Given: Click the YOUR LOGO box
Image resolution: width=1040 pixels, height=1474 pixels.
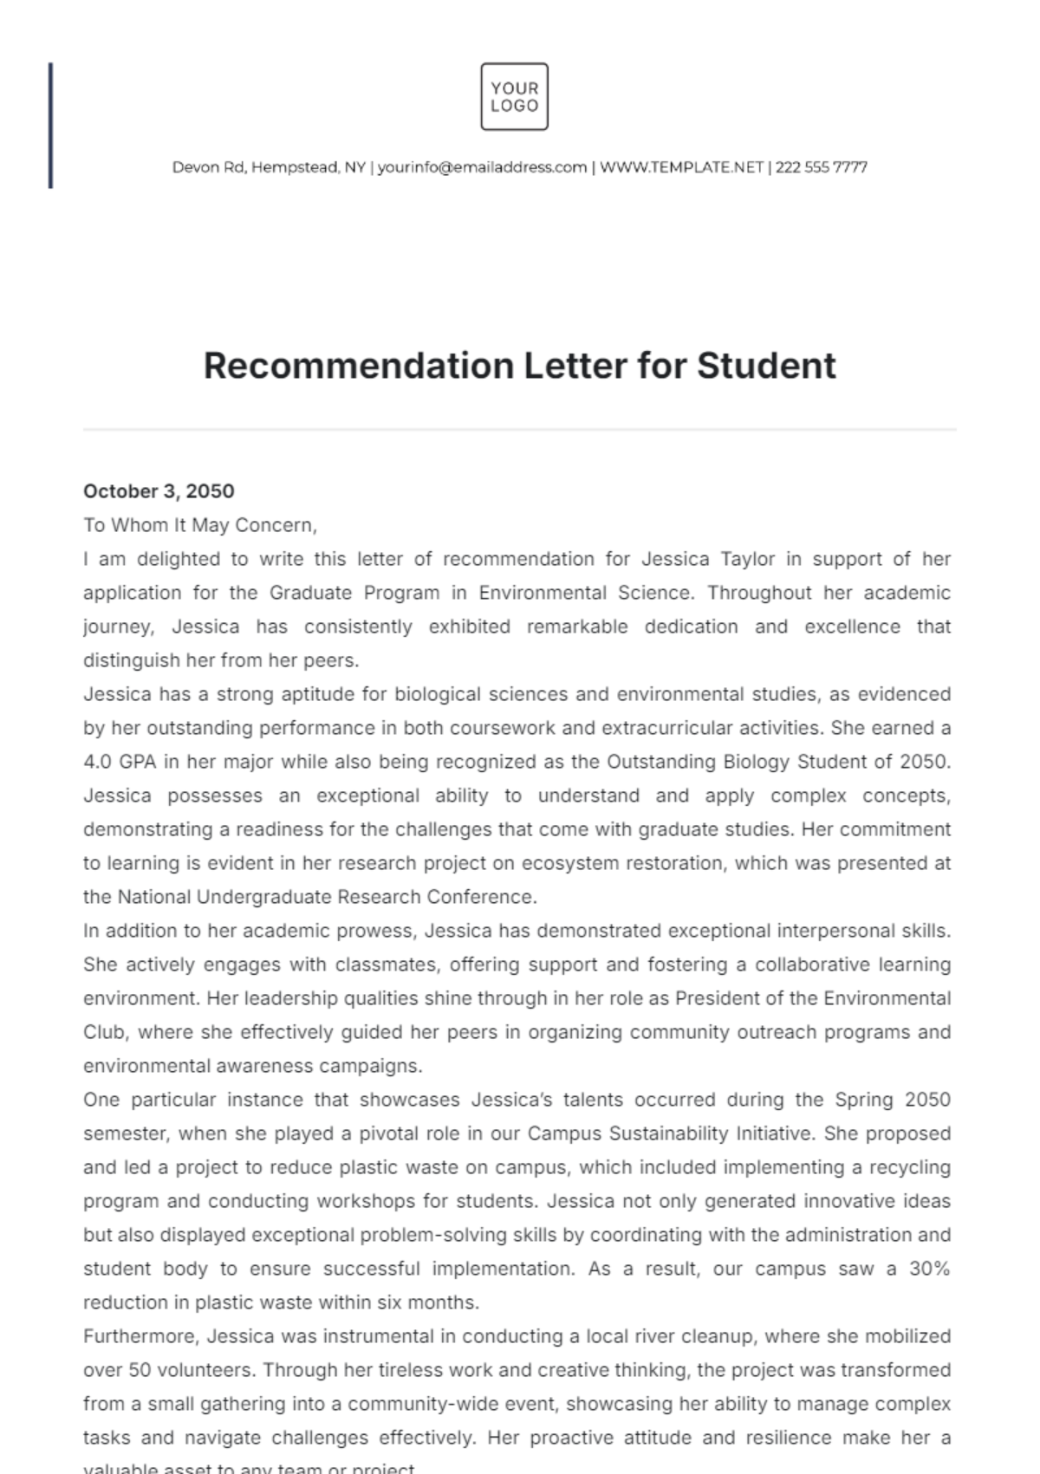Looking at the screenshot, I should [514, 96].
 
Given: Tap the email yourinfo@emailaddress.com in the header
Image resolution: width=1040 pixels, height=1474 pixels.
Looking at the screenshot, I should [482, 167].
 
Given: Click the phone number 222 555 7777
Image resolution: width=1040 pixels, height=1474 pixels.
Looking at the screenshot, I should [821, 167].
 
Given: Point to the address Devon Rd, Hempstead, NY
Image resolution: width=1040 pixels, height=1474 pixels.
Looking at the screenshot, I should [269, 167].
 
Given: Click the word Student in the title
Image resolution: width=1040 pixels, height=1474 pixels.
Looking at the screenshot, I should [766, 366].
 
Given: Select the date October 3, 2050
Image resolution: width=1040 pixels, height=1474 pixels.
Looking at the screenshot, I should [159, 491].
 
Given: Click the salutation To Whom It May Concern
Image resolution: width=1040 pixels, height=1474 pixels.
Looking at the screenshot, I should [199, 525].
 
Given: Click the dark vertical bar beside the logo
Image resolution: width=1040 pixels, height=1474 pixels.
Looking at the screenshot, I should [50, 125].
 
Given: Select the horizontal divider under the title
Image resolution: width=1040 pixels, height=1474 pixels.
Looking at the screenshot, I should [520, 429].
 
